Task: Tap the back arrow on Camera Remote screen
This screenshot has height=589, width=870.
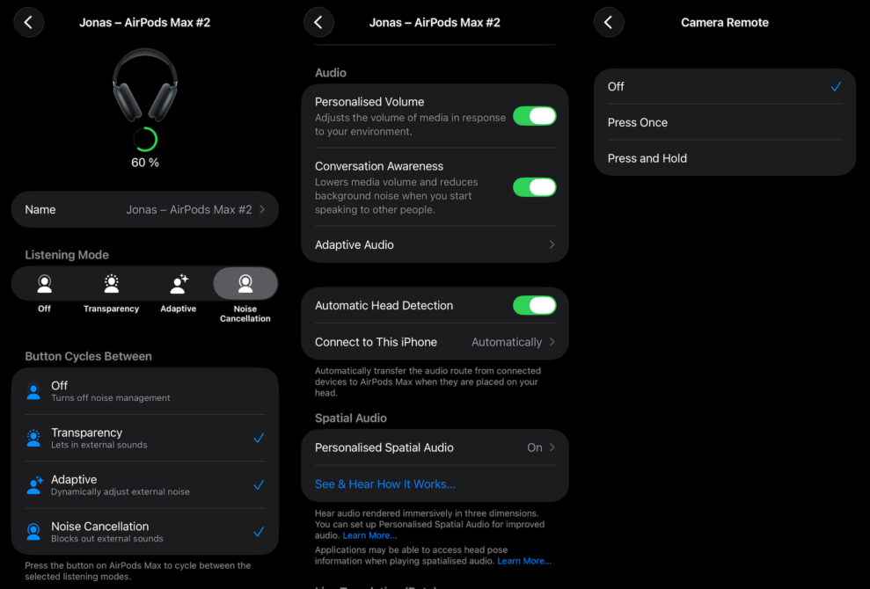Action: click(x=609, y=22)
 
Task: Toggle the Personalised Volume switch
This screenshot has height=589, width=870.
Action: click(x=534, y=116)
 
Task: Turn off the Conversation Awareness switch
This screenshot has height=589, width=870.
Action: click(x=534, y=186)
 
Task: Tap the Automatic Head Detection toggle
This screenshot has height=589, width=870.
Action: click(x=534, y=305)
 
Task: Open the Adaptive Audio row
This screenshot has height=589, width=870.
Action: click(x=435, y=244)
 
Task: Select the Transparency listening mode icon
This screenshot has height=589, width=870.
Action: click(x=111, y=285)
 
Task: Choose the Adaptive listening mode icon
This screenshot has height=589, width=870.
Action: click(x=179, y=285)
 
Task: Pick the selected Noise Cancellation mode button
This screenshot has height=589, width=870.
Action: click(x=245, y=285)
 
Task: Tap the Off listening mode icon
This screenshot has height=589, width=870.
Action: click(x=44, y=285)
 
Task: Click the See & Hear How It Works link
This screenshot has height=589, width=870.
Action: click(x=385, y=484)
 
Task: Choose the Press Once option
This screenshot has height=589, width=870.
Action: click(x=638, y=122)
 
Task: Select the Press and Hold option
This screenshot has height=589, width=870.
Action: click(x=647, y=158)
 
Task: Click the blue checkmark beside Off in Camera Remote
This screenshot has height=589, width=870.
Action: click(x=835, y=86)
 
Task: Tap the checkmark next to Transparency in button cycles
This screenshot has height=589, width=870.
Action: click(x=259, y=438)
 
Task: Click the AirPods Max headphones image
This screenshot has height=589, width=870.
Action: click(x=144, y=84)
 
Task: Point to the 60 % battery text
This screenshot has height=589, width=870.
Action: click(x=144, y=163)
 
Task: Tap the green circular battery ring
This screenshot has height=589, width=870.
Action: click(x=144, y=139)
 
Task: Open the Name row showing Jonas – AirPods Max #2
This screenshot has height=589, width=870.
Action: click(x=144, y=209)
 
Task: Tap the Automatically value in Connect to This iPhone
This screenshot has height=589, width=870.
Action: click(x=507, y=342)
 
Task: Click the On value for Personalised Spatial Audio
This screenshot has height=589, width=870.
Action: click(x=535, y=447)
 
